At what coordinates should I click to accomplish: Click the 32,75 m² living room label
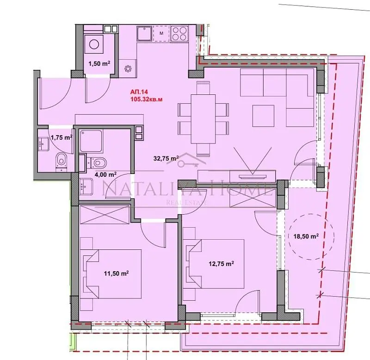[x=166, y=158]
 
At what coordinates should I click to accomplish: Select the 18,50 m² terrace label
[x=306, y=236]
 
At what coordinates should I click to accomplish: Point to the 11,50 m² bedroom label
[x=116, y=273]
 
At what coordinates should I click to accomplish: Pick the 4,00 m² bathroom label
[x=105, y=174]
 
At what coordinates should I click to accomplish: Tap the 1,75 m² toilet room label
[x=62, y=137]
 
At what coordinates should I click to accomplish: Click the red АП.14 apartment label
[x=140, y=91]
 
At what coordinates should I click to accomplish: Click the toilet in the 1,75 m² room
[x=61, y=161]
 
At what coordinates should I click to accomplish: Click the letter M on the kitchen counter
[x=161, y=33]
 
